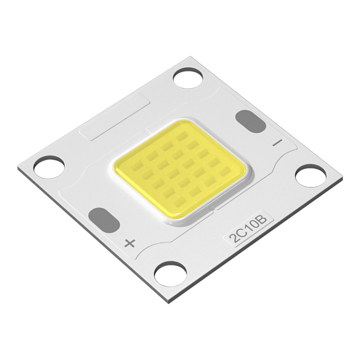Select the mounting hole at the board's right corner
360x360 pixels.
coord(310,175)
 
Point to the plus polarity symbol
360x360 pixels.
coord(130,243)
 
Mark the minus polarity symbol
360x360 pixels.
coord(277,143)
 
